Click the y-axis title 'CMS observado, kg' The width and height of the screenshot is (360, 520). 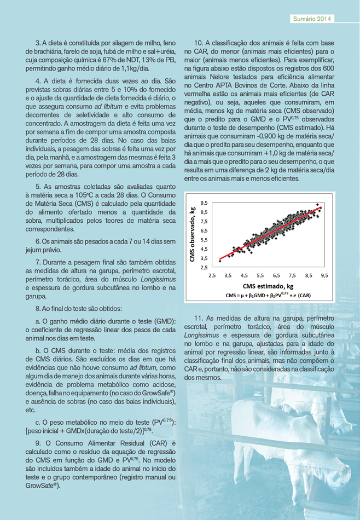pos(193,234)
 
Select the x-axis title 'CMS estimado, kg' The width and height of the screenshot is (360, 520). pos(268,286)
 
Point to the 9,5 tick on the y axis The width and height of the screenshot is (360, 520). pos(204,203)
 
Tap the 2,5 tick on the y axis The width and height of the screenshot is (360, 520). pos(204,267)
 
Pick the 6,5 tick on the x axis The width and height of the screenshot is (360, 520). pos(276,275)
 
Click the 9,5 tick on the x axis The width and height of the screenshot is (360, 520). pos(324,275)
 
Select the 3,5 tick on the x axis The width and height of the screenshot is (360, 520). pos(228,275)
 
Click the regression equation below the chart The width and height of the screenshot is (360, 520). pos(268,295)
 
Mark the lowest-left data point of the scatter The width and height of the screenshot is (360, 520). pos(220,261)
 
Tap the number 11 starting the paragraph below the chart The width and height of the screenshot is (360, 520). pos(198,318)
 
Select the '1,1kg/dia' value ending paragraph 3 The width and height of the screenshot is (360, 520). pos(132,69)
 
